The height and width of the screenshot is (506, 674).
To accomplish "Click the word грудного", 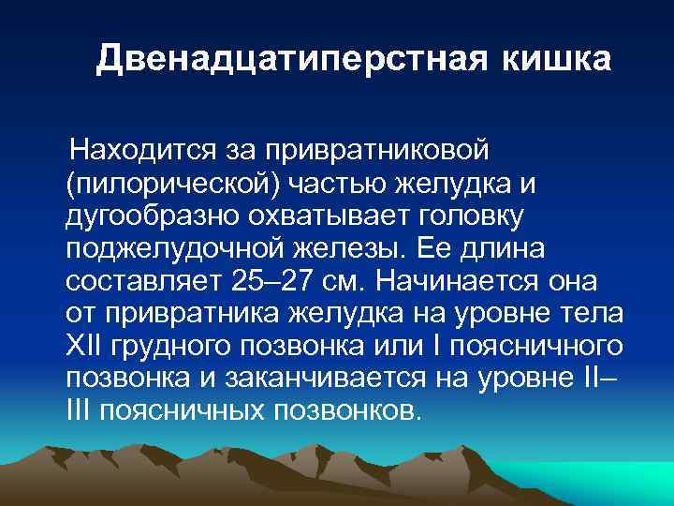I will coord(169,346).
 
